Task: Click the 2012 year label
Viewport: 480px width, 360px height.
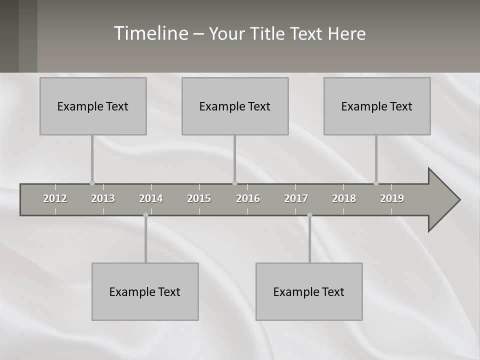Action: [55, 198]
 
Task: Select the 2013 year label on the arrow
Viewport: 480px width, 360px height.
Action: [103, 198]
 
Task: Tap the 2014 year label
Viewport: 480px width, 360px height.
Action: [151, 198]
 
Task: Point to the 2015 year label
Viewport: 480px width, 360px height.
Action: [199, 198]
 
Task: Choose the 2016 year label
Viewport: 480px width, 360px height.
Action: [248, 198]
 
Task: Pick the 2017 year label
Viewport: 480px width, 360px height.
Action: [296, 198]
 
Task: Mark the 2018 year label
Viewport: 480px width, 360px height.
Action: [344, 198]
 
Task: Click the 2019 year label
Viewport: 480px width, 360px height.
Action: [392, 198]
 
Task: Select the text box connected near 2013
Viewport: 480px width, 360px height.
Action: [93, 106]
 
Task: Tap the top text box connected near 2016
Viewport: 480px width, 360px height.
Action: [235, 106]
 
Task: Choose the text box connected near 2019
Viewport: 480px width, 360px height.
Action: [377, 106]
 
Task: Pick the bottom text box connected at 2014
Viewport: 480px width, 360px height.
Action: [145, 291]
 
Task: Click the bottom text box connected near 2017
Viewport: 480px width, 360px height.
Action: [309, 291]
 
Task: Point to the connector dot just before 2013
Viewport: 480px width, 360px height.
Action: [92, 183]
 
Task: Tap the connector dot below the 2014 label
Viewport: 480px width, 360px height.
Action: [145, 215]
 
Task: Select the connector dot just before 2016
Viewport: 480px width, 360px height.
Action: [234, 183]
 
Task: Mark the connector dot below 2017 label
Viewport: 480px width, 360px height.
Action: [309, 215]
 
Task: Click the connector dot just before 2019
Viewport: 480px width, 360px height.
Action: [376, 183]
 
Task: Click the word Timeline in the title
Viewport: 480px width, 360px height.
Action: [150, 33]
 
